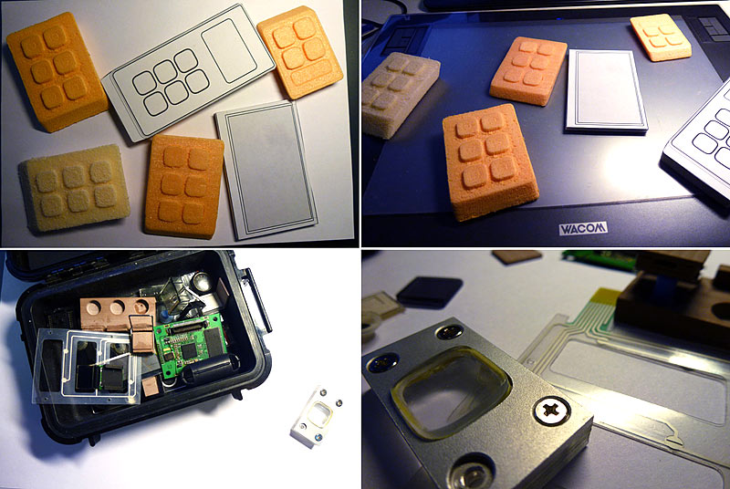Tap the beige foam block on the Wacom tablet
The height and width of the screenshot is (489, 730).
click(x=401, y=93)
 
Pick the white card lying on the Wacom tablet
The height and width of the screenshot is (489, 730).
click(x=606, y=89)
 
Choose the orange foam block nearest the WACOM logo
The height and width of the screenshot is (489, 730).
click(x=489, y=159)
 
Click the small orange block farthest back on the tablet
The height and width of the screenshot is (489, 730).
click(x=661, y=36)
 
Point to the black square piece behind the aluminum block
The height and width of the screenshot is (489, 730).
click(x=429, y=291)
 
